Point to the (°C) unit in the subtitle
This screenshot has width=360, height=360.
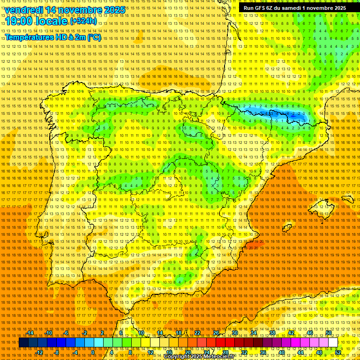(94, 37)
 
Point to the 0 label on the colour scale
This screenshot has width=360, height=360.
(93, 352)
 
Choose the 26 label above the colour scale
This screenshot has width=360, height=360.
(216, 333)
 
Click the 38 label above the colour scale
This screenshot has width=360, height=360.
(272, 333)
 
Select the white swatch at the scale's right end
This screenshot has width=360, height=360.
(333, 343)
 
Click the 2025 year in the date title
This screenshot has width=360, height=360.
(114, 10)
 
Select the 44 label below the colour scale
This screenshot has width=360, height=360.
(300, 352)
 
